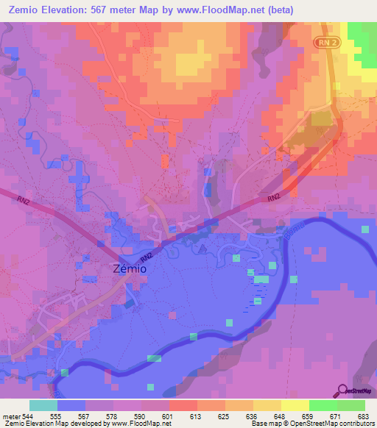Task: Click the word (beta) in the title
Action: [352, 10]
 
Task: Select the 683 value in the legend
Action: [363, 415]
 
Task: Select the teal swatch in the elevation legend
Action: [43, 405]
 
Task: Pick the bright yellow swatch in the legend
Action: [295, 405]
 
